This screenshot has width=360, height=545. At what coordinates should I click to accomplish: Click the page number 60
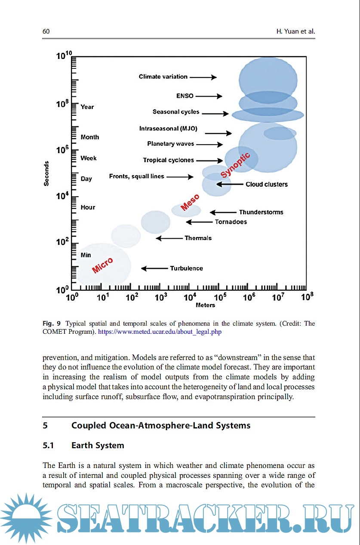point(46,31)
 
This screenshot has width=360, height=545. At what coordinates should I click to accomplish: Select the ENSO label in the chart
point(185,96)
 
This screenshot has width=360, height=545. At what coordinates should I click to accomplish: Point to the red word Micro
point(102,265)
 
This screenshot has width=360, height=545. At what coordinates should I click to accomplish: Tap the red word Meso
point(190,203)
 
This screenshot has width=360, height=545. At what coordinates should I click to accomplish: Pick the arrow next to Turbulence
point(155,268)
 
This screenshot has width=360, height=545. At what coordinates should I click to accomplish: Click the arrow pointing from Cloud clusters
point(229,184)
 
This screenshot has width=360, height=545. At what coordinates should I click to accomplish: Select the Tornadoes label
point(231,222)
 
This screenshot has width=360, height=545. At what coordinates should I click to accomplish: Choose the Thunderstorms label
point(261,212)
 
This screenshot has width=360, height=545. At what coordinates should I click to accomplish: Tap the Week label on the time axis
point(89,158)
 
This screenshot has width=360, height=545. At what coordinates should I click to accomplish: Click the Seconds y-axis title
point(46,173)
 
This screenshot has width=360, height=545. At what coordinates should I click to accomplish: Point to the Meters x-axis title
point(205,305)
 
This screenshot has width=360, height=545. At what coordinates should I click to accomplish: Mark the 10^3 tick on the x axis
point(160,297)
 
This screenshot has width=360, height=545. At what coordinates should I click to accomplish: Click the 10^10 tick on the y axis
point(63,56)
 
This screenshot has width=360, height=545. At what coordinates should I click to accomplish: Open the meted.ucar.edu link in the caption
point(160,332)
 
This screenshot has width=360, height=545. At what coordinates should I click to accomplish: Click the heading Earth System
point(98,445)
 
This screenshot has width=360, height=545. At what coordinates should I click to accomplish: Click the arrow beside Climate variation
point(203,77)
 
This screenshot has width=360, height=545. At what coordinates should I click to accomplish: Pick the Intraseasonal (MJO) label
point(171,129)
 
